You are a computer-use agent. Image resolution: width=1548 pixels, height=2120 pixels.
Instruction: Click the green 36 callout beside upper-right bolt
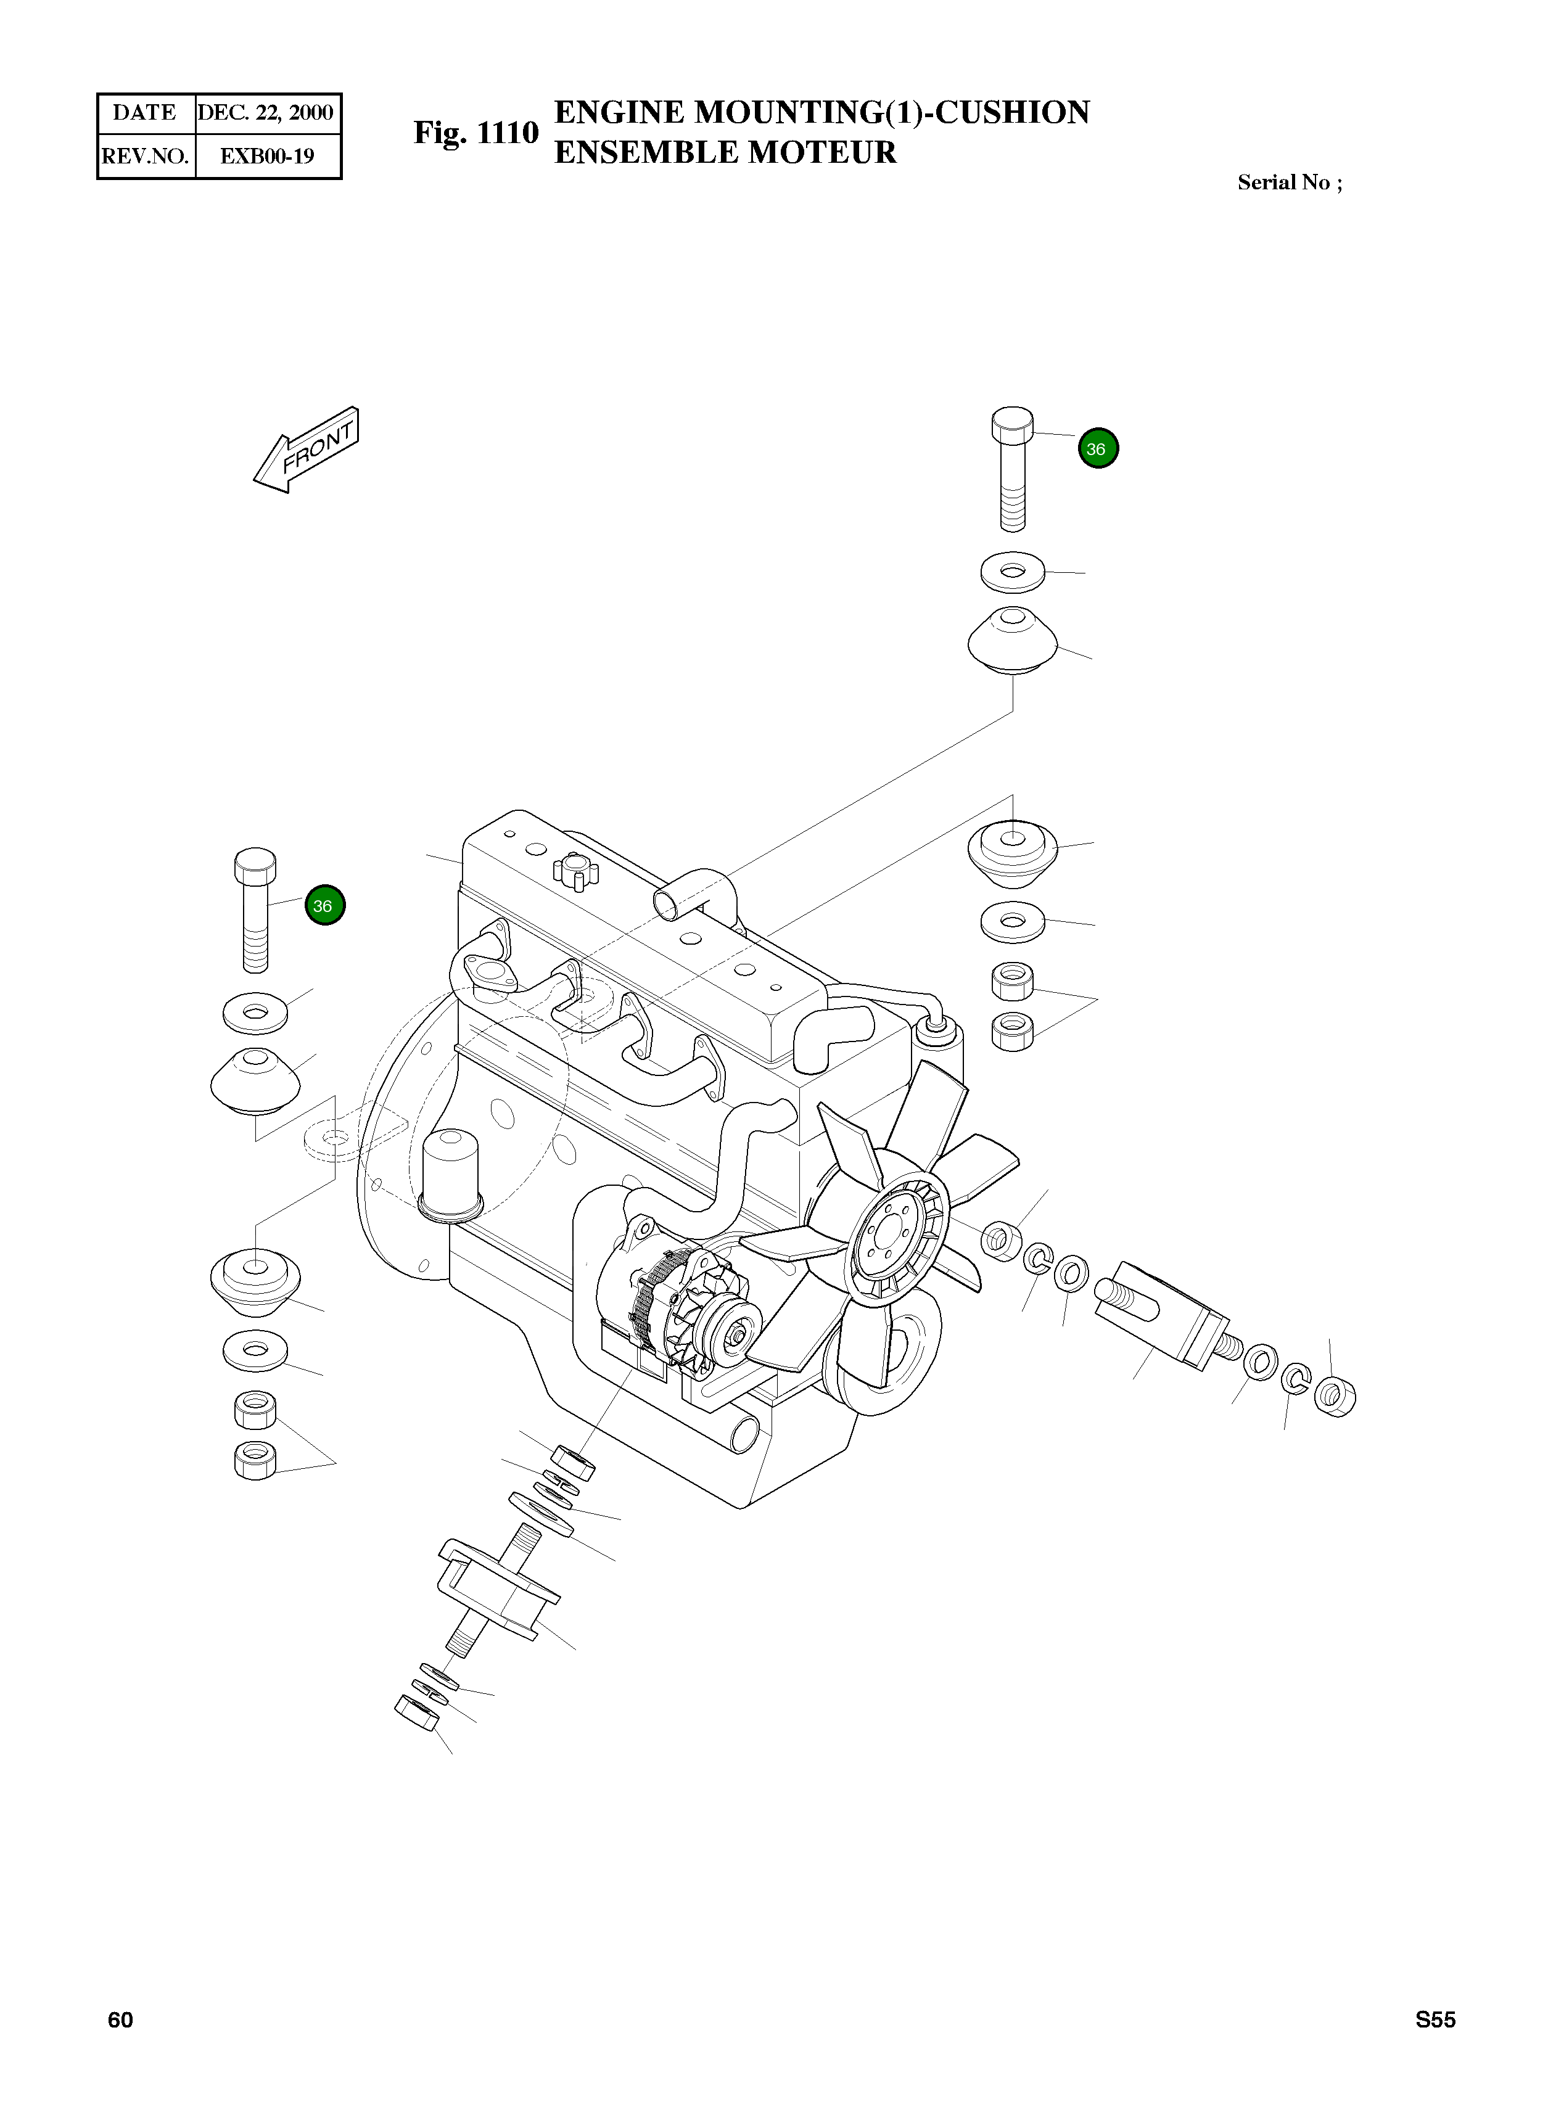(1097, 449)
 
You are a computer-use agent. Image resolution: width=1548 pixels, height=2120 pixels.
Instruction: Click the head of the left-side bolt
(255, 865)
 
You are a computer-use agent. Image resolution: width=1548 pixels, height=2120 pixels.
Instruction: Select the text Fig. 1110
(476, 133)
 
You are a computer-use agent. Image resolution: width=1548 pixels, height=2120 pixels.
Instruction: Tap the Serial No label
(1288, 183)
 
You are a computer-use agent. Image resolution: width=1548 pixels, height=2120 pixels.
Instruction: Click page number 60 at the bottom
(120, 2019)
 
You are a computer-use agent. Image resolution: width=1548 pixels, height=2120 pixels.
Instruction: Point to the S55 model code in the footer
(1435, 2019)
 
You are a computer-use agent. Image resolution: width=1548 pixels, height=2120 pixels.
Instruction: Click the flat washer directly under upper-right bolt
(1012, 572)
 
